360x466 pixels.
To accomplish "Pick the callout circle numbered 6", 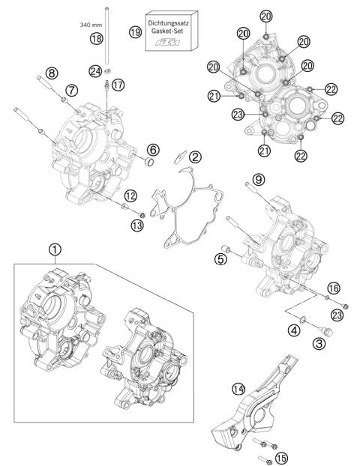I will pyautogui.click(x=152, y=148).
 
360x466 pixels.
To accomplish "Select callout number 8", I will pyautogui.click(x=51, y=73).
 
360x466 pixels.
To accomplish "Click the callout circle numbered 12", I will pyautogui.click(x=130, y=196).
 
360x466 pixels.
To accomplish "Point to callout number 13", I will pyautogui.click(x=135, y=226).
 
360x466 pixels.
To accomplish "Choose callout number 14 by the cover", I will pyautogui.click(x=238, y=388).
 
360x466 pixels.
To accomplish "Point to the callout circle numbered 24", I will pyautogui.click(x=94, y=71).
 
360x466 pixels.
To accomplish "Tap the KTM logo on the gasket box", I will pyautogui.click(x=172, y=43).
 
